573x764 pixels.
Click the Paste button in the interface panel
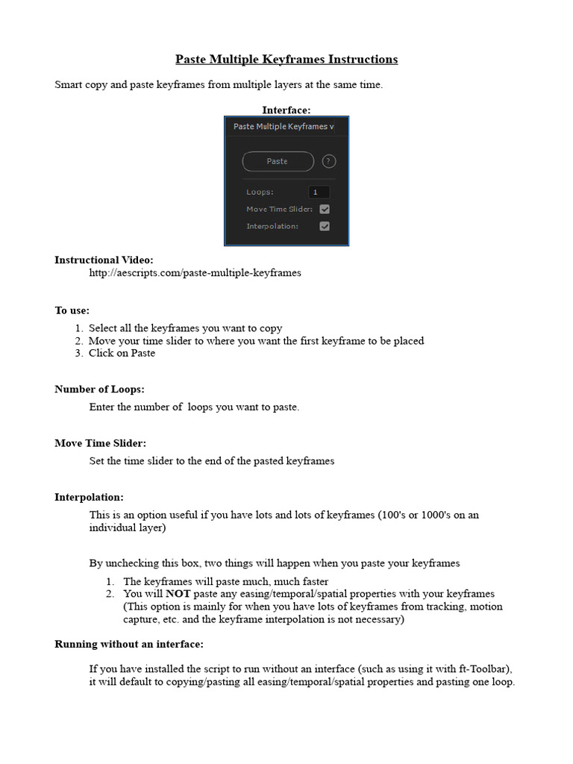tap(277, 161)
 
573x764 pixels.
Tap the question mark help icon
tap(329, 161)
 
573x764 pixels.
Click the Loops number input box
tap(319, 192)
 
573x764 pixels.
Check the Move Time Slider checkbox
tap(325, 209)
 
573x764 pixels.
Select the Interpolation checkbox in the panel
tap(325, 226)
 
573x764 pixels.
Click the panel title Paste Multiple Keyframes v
tap(284, 127)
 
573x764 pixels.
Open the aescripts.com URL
tap(195, 273)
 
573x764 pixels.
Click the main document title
tap(286, 59)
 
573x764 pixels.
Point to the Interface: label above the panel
tap(286, 110)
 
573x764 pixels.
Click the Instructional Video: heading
tap(104, 260)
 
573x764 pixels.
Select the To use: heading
tap(72, 310)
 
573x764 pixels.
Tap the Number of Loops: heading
tap(99, 389)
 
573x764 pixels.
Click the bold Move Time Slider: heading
tap(100, 443)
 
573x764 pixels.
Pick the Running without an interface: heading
tap(129, 644)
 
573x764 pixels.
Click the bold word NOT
tap(178, 594)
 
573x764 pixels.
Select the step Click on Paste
tap(122, 353)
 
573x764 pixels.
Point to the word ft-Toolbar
tap(486, 668)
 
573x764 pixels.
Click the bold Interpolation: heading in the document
tap(89, 497)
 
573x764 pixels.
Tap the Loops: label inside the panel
tap(260, 192)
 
